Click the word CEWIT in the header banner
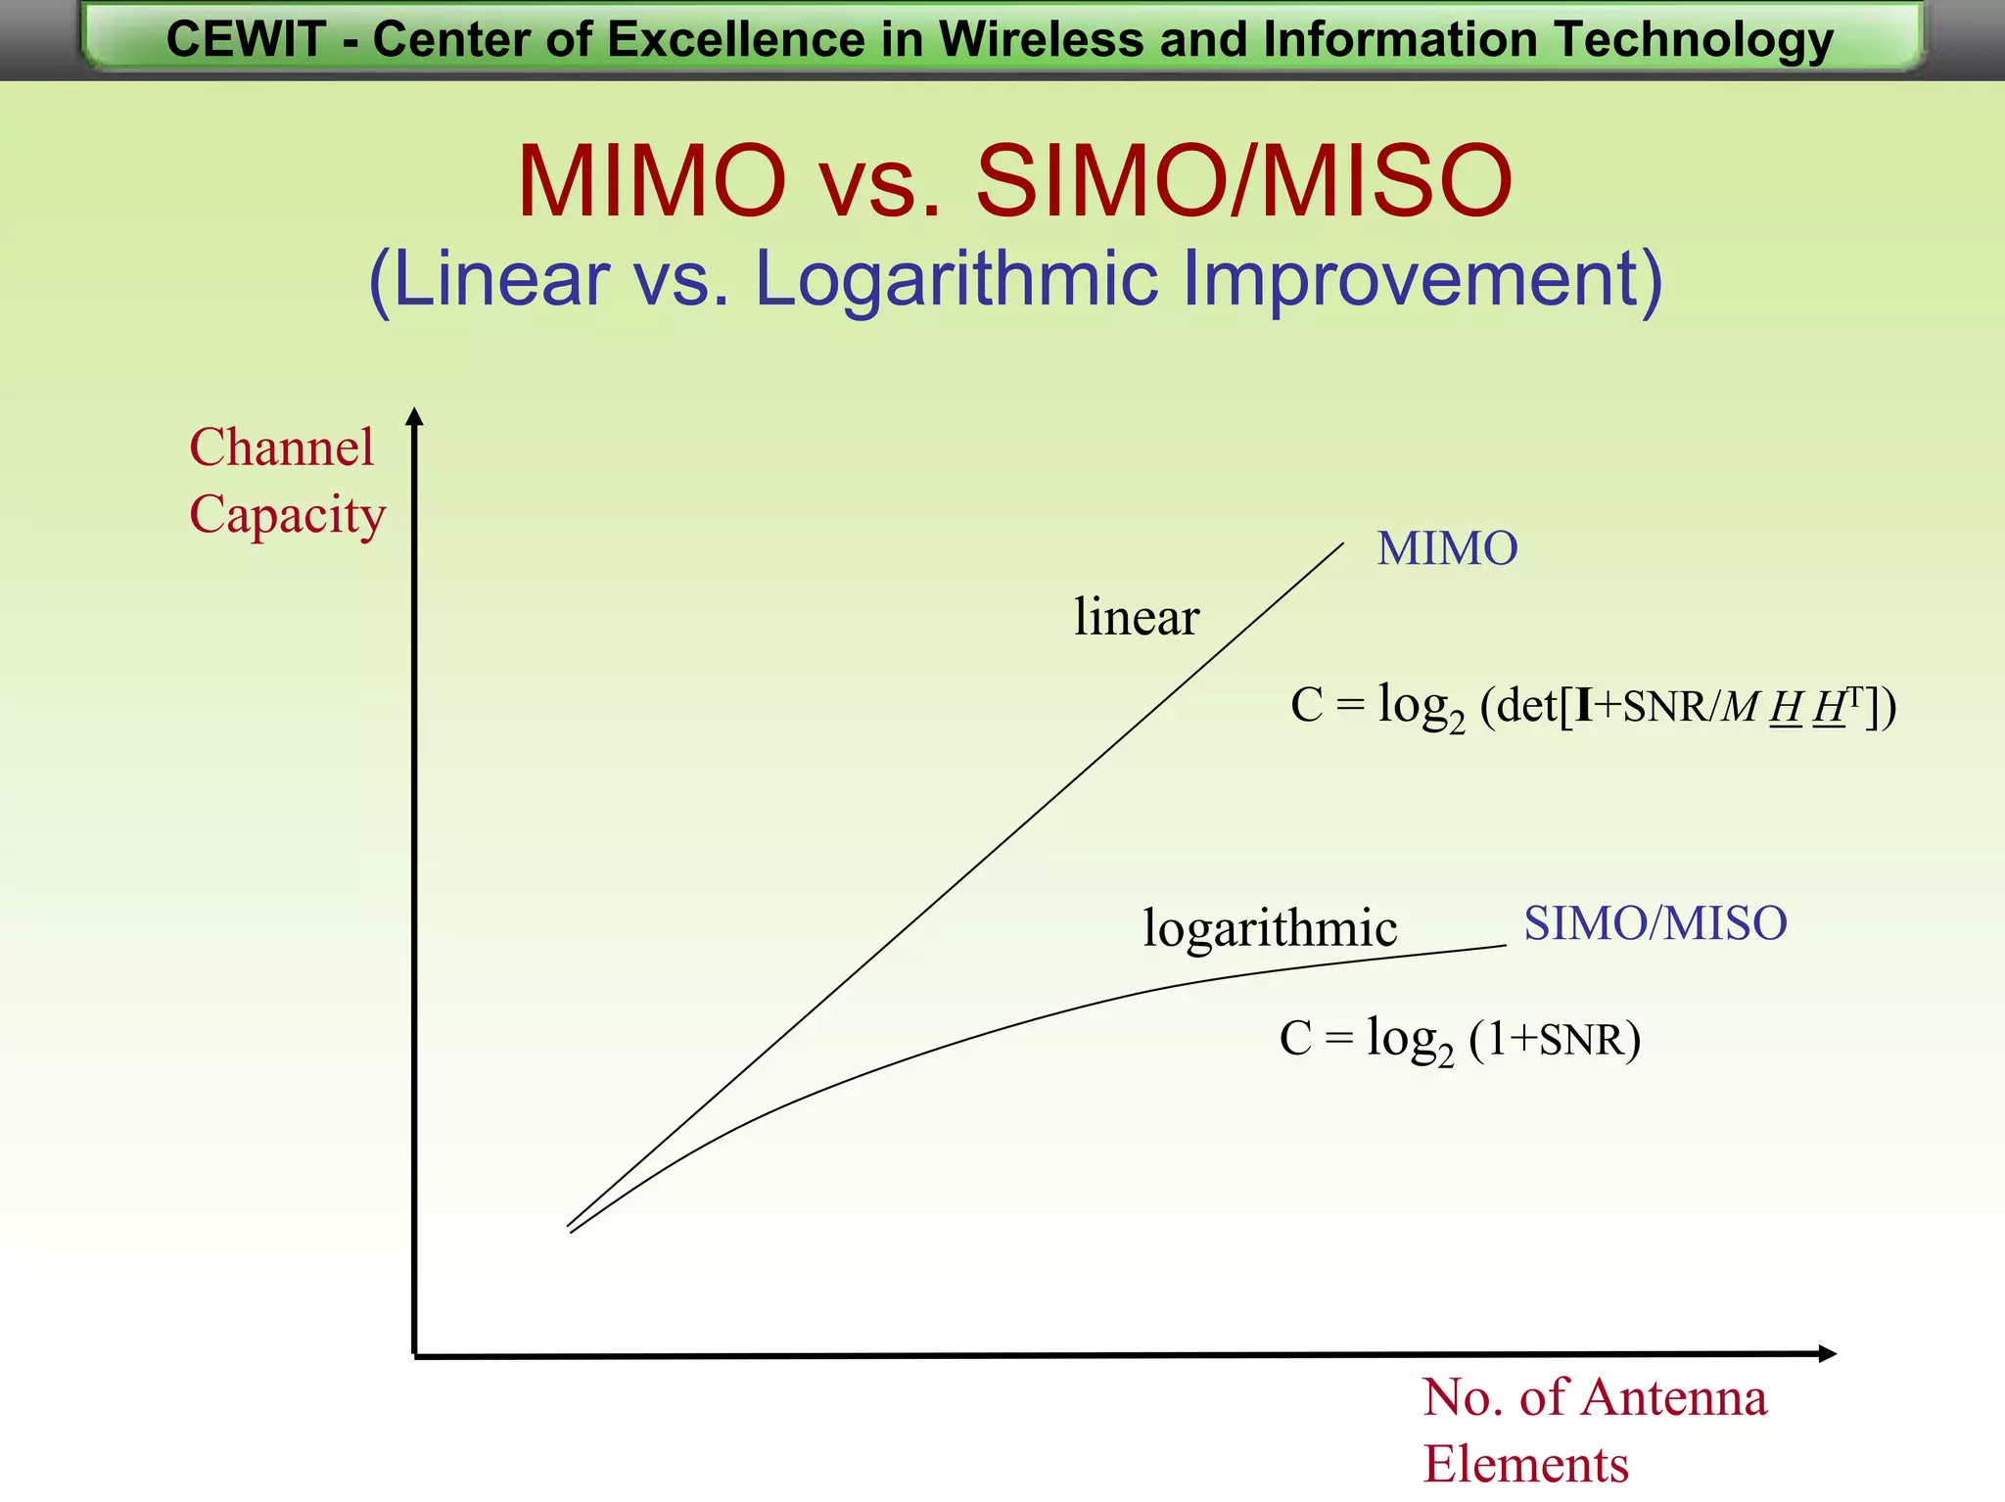coord(246,40)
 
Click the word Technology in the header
coord(1694,40)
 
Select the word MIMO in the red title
coord(651,182)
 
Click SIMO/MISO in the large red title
coord(1244,182)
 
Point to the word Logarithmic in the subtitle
coord(956,280)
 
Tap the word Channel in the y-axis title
coord(281,447)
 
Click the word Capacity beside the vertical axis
coord(287,515)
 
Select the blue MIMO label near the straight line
coord(1447,548)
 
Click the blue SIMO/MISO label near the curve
coord(1655,923)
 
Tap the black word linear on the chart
coord(1136,617)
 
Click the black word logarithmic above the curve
coord(1270,927)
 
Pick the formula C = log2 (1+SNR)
coord(1460,1039)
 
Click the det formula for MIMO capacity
coord(1593,706)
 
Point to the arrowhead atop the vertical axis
coord(415,416)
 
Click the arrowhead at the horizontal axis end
coord(1827,1354)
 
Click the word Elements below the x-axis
coord(1525,1465)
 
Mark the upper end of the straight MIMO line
coord(1342,544)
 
